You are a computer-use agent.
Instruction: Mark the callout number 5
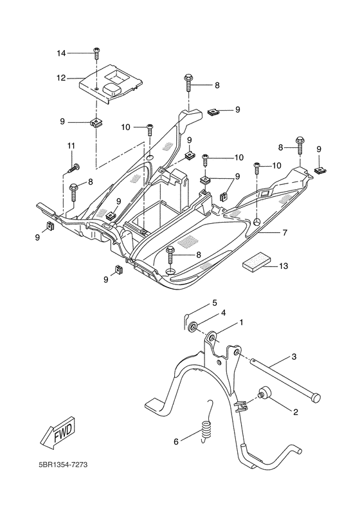215,302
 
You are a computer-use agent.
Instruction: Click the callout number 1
241,322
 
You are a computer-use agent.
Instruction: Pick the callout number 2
295,412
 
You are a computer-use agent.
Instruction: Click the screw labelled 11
73,169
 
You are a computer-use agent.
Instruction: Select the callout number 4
223,313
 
